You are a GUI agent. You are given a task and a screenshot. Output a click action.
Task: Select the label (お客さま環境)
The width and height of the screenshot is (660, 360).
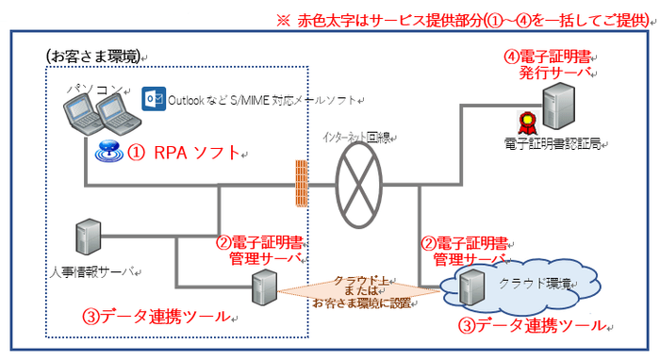91,57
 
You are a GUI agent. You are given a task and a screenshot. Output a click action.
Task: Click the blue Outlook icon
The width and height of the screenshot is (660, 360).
153,99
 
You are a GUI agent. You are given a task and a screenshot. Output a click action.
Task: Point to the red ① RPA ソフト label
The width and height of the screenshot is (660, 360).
183,153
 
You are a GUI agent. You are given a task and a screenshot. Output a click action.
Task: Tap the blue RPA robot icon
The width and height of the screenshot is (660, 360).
108,150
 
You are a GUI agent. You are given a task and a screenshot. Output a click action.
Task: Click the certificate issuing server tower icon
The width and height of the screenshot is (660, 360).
565,104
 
